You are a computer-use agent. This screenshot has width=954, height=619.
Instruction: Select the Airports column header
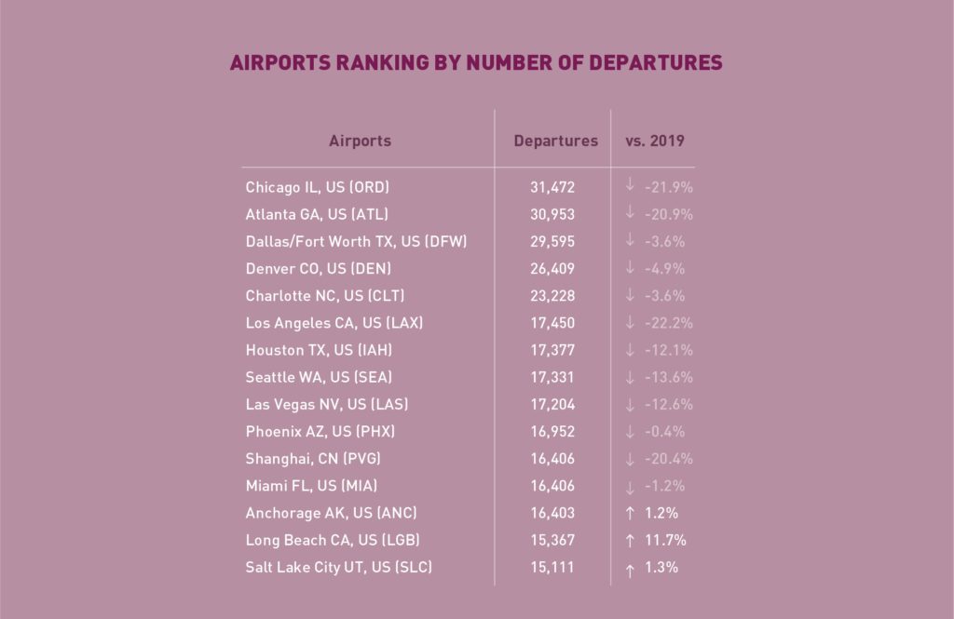(360, 141)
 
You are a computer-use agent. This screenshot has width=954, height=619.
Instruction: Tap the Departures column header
(556, 141)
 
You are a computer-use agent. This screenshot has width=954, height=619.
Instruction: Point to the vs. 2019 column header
(655, 141)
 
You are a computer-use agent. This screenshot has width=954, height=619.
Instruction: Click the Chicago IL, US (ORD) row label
(318, 187)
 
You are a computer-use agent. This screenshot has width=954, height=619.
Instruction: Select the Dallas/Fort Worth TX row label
(356, 241)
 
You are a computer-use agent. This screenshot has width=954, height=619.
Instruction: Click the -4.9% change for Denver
(665, 268)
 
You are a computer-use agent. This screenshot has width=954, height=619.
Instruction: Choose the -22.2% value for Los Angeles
(669, 323)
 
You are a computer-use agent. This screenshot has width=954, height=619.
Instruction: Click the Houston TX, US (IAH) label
(317, 350)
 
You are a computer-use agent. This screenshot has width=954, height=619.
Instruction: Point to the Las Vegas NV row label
(327, 404)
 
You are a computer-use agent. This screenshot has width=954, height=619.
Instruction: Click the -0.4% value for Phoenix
(665, 431)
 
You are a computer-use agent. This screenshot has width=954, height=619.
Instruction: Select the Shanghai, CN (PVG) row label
(313, 458)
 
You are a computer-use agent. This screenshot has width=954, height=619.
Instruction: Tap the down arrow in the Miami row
(631, 487)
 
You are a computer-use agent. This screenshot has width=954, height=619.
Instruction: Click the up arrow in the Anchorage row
(631, 513)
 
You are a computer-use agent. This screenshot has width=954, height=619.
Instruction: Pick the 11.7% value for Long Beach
(664, 540)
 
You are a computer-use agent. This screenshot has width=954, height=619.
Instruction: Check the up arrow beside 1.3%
(631, 568)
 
